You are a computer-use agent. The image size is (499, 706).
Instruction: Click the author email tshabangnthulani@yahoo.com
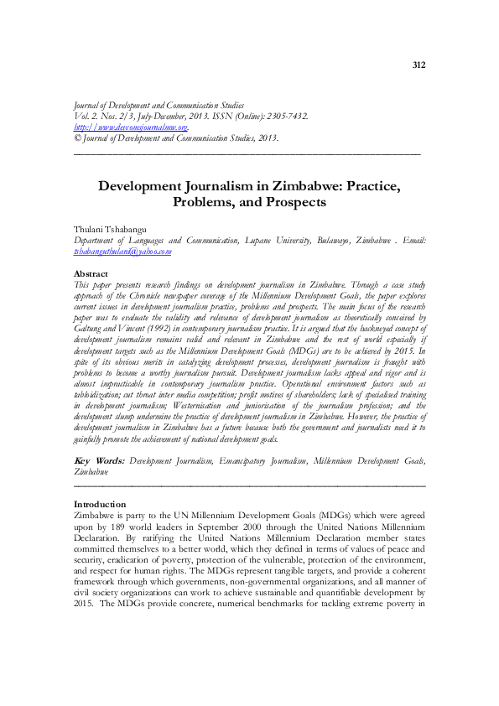tap(122, 251)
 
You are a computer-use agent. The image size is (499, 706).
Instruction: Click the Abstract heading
tap(91, 274)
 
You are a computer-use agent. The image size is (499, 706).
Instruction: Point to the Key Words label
tap(99, 460)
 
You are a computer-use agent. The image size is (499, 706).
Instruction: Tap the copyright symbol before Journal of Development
tap(78, 138)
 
